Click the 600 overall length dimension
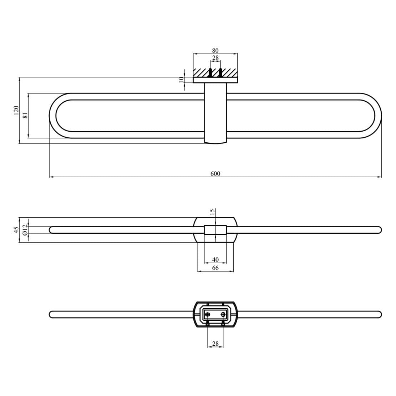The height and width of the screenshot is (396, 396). click(215, 173)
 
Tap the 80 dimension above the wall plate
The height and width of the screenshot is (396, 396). click(215, 51)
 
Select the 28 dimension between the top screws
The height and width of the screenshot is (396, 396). click(215, 58)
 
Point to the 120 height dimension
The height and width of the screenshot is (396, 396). click(16, 110)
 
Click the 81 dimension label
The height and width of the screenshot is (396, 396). click(25, 116)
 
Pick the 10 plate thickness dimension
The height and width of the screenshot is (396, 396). click(181, 80)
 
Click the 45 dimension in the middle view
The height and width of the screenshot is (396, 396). click(16, 230)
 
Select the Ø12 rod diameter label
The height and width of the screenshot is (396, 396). click(25, 230)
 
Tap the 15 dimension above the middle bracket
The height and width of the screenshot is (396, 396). click(212, 212)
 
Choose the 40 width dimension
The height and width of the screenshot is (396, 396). click(215, 260)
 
